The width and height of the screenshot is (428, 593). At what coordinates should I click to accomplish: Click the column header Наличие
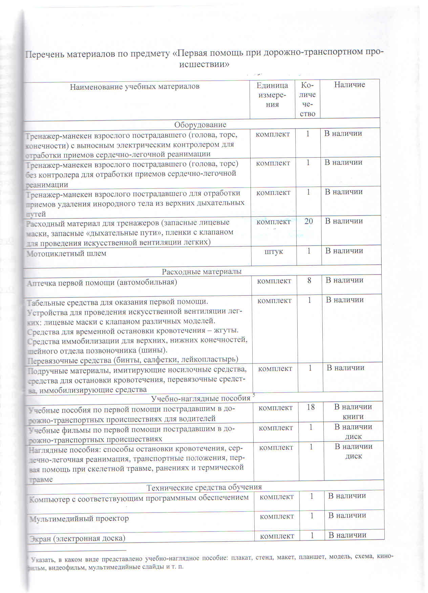point(349,85)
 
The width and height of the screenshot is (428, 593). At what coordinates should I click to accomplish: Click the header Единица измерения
point(272,95)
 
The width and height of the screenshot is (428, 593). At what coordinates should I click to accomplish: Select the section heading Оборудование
point(200,125)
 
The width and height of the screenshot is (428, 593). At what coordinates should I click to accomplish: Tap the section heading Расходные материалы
point(201,271)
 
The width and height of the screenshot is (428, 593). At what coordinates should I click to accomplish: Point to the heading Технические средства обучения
point(204,487)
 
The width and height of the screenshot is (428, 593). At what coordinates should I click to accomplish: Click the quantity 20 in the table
point(308,221)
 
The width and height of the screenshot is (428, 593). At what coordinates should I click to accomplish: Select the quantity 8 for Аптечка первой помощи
point(309,280)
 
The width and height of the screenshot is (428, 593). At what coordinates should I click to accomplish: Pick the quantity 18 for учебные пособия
point(311,407)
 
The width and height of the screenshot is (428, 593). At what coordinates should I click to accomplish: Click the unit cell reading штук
point(274,251)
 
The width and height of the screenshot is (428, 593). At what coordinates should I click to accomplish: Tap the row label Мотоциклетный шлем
point(66,254)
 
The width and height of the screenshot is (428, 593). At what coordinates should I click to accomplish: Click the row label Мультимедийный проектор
point(79,519)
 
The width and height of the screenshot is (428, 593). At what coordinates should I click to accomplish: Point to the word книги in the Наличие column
point(353,417)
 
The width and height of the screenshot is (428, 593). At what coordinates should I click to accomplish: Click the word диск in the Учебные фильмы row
point(354,437)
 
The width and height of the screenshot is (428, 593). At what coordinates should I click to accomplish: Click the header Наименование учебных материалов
point(134,87)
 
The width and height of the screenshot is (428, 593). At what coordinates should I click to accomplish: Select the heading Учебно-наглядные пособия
point(200,398)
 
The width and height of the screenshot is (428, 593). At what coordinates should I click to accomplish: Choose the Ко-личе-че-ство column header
point(307,99)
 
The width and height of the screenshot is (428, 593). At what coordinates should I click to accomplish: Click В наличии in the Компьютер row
point(347,496)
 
